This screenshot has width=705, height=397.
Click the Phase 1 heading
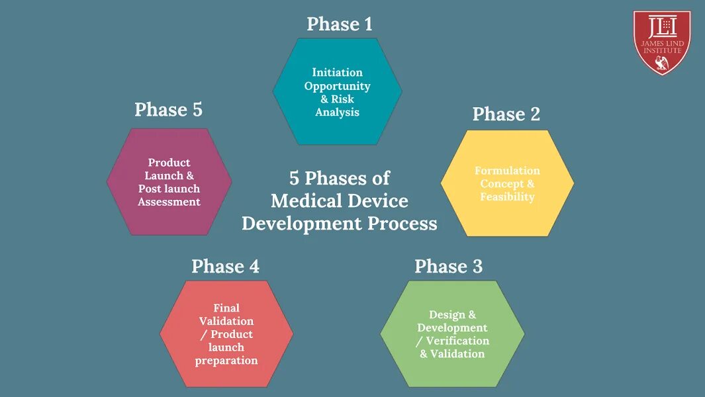(340, 24)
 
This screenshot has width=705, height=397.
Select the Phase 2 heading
(506, 114)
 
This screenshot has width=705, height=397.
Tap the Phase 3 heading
(448, 267)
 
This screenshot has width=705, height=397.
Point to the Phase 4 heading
(225, 267)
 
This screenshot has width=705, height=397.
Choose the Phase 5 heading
(168, 110)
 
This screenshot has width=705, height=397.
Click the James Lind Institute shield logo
(661, 42)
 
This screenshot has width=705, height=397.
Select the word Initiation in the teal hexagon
(337, 72)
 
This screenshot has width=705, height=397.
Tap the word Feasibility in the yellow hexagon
(507, 197)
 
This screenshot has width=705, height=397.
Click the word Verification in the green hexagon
(457, 341)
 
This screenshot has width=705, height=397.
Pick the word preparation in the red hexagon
(226, 361)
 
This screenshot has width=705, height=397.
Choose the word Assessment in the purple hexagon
(169, 202)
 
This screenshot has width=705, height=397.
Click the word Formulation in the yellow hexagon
(507, 171)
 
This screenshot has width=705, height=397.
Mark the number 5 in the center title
(294, 179)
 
